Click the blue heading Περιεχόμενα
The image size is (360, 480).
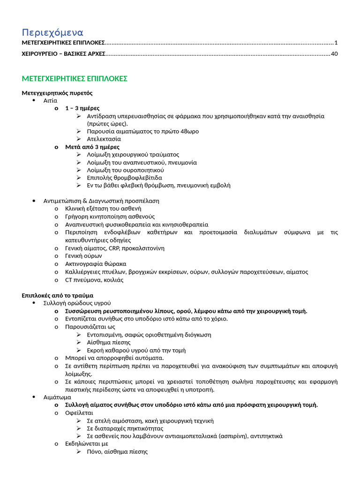tap(52, 32)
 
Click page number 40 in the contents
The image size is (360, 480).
tap(334, 54)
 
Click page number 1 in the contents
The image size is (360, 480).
tap(336, 43)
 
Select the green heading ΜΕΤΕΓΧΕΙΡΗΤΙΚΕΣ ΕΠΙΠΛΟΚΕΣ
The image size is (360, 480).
tap(75, 79)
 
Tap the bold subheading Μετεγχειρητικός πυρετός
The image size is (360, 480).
tap(57, 93)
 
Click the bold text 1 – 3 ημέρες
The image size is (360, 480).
tap(82, 108)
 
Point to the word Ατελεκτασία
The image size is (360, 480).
tap(104, 139)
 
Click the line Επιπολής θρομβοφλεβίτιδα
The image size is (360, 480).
tap(124, 178)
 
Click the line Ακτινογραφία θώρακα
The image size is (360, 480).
tap(96, 264)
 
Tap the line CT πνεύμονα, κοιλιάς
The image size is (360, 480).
tap(94, 280)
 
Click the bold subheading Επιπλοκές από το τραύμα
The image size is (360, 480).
tap(57, 295)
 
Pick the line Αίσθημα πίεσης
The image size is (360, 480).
tap(108, 342)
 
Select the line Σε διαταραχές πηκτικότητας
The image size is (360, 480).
tap(125, 428)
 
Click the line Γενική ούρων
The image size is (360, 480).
tap(83, 256)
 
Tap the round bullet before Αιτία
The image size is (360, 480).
tap(34, 100)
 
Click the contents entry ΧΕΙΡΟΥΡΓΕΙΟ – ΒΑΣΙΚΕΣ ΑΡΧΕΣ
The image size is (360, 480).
tap(64, 54)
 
